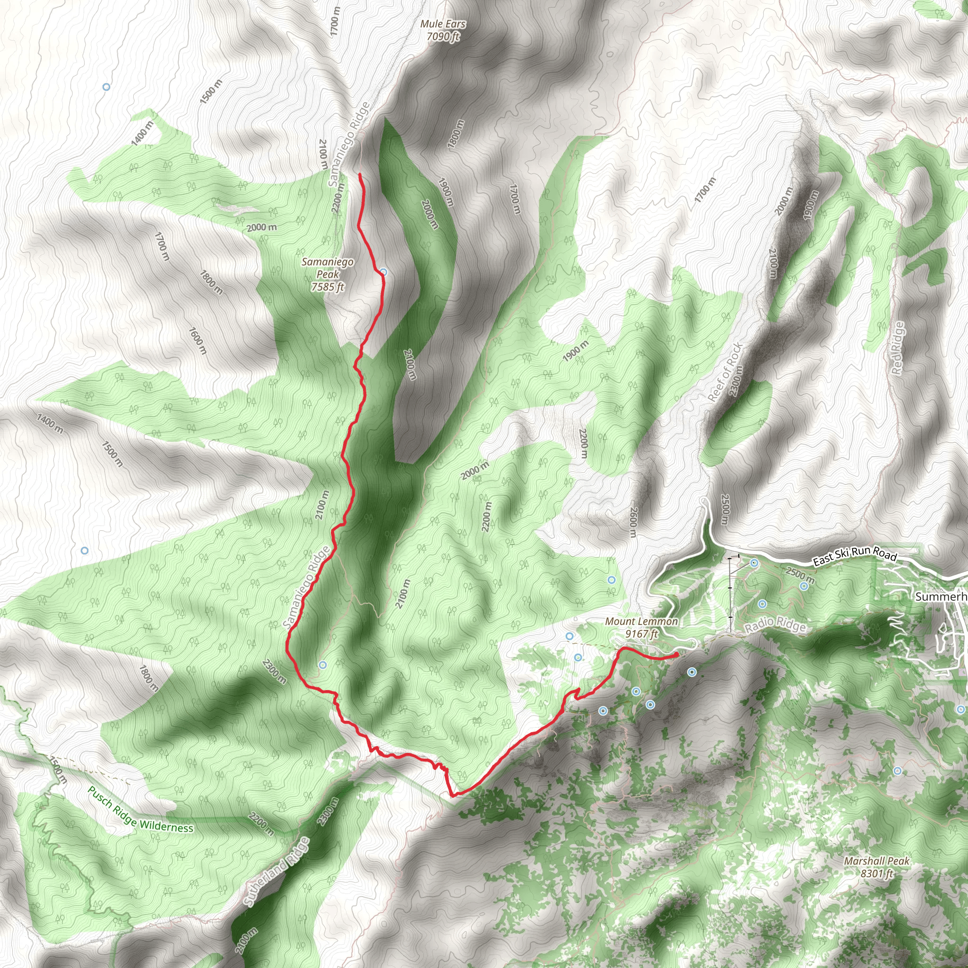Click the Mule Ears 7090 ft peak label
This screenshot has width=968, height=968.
point(442,30)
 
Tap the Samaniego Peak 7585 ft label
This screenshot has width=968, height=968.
point(328,274)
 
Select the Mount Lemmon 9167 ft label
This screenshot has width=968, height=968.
point(641,627)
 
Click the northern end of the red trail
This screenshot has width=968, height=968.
point(360,174)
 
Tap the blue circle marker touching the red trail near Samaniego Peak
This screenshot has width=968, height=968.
point(383,272)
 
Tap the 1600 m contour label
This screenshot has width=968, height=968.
point(198,340)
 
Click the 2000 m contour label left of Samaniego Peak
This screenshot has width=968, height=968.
point(261,227)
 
